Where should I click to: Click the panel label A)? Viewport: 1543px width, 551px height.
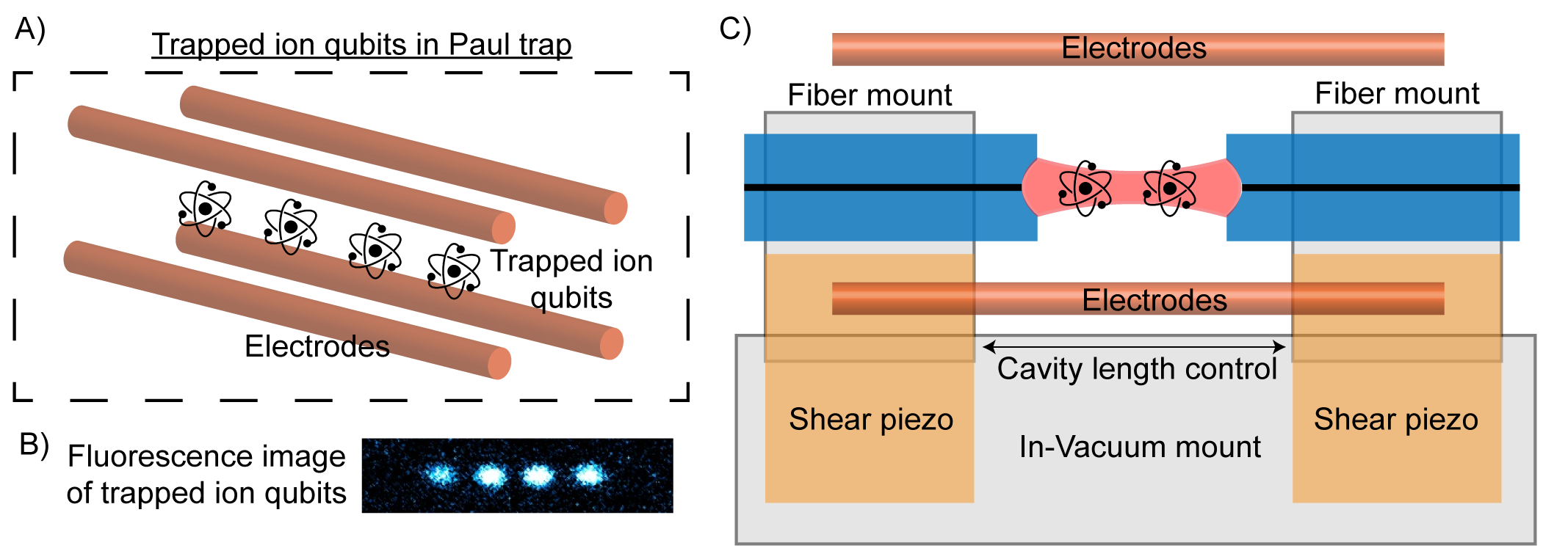pos(30,29)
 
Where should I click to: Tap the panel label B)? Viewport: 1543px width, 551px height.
pos(34,444)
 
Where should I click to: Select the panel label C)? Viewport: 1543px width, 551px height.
pos(734,29)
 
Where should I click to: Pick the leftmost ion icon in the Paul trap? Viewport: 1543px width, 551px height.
pos(206,209)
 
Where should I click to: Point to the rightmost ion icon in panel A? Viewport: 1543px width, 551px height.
pos(454,271)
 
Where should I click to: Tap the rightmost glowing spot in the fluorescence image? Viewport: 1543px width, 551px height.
pos(588,475)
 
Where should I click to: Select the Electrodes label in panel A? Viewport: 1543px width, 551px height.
pos(317,346)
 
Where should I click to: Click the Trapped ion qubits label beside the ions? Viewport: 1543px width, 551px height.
pos(571,280)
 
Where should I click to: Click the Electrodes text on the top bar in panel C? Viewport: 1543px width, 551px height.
pos(1134,48)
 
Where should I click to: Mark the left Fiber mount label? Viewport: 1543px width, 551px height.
pos(870,95)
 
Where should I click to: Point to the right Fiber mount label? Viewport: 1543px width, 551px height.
pos(1397,94)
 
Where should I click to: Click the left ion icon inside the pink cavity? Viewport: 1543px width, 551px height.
pos(1085,189)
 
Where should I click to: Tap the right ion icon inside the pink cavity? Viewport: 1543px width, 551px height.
pos(1170,189)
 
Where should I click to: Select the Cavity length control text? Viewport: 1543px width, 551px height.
pos(1137,369)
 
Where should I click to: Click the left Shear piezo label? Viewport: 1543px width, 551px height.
pos(871,420)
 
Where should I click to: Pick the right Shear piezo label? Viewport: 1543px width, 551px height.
pos(1396,420)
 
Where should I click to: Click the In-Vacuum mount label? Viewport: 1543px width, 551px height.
pos(1140,447)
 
